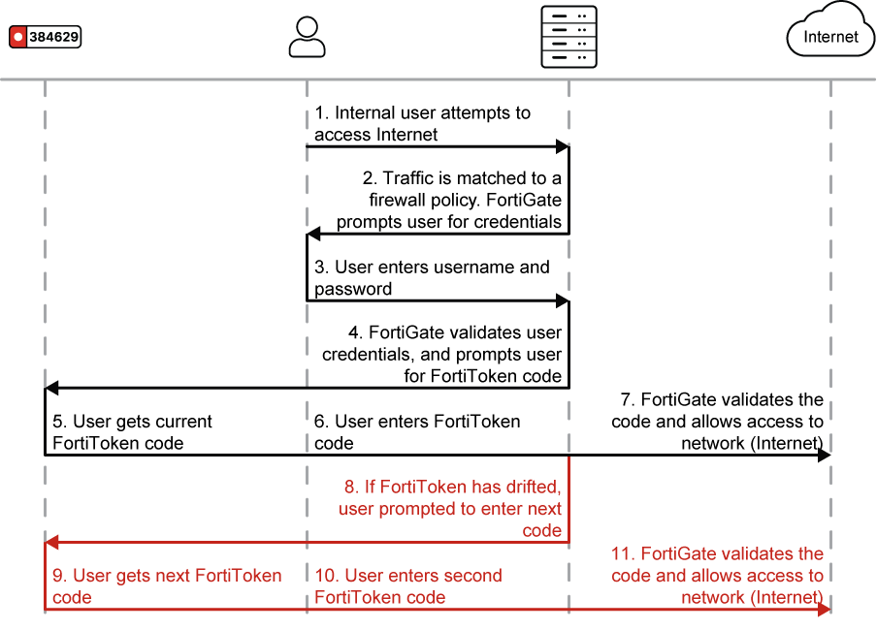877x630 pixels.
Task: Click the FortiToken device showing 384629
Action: click(45, 37)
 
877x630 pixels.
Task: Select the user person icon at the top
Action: click(307, 36)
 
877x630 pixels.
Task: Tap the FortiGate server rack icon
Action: click(568, 37)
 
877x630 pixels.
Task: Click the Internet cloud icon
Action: click(829, 36)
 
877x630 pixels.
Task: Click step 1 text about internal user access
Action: click(422, 124)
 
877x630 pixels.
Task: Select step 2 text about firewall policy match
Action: click(449, 200)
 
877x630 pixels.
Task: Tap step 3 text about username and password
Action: click(432, 277)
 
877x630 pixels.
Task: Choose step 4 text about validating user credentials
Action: click(442, 354)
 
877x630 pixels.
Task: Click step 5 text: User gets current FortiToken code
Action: click(132, 432)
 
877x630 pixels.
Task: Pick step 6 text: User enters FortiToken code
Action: click(417, 432)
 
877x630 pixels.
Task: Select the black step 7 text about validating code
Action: click(717, 421)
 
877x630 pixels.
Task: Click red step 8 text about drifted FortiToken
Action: click(449, 509)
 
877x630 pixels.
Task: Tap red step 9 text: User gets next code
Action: click(167, 585)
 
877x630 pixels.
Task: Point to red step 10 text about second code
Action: click(408, 585)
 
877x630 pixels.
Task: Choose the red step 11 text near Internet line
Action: click(717, 575)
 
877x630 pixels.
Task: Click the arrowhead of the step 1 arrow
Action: click(562, 146)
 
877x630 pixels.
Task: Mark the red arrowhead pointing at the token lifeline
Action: click(52, 542)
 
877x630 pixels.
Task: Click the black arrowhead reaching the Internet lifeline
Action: click(824, 455)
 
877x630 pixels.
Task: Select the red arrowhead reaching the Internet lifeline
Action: click(824, 609)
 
